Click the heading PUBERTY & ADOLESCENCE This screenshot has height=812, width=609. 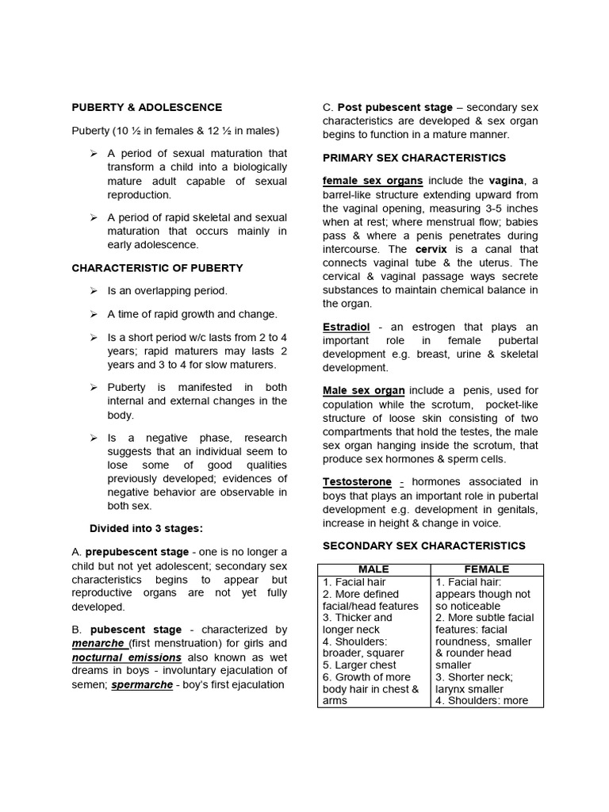click(147, 107)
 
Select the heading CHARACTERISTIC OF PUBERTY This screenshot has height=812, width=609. click(157, 268)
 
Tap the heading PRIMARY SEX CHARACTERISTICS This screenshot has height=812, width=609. click(413, 158)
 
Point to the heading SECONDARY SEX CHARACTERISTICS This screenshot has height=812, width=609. click(423, 546)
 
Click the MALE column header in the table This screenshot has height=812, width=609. click(373, 569)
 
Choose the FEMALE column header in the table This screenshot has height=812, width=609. click(488, 569)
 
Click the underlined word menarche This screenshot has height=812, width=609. click(98, 643)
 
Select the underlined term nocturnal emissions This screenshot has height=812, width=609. click(127, 657)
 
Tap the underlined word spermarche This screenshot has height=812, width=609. click(142, 684)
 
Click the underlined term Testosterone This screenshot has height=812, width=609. click(357, 481)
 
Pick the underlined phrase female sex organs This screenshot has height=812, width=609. click(372, 181)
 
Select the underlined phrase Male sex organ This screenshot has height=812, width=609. click(364, 390)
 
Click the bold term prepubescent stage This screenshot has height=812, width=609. click(136, 551)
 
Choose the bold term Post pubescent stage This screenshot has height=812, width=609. click(395, 107)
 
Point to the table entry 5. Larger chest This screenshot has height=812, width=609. click(354, 665)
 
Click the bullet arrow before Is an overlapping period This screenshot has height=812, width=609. click(94, 291)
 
